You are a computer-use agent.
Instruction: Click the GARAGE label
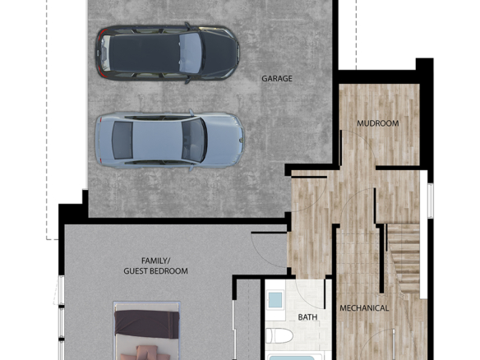277,79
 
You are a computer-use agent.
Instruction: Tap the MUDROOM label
378,123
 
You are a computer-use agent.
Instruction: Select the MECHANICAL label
364,308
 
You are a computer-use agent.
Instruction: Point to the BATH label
307,317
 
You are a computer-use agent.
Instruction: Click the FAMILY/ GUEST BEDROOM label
155,265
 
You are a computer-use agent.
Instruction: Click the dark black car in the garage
168,53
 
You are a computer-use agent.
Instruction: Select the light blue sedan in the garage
169,140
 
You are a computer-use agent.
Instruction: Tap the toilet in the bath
279,336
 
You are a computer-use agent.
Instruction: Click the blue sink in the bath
275,300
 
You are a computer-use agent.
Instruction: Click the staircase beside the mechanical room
404,259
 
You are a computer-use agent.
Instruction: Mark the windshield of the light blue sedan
195,141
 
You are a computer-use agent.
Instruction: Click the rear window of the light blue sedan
122,141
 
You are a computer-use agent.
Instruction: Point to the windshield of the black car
191,53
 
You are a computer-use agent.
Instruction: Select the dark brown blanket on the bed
146,325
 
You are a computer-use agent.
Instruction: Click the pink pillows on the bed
146,353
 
